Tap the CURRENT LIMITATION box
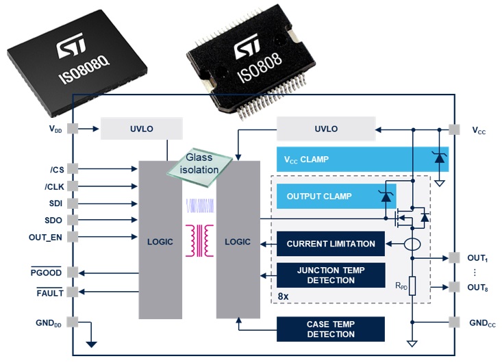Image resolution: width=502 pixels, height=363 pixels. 331,244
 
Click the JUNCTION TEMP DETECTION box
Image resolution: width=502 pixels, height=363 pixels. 331,275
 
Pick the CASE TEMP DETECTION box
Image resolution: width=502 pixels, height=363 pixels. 331,329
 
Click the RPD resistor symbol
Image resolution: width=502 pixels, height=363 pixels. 413,286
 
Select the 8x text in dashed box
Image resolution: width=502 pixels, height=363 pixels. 284,296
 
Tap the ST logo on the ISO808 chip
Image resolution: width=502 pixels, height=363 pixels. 249,49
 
